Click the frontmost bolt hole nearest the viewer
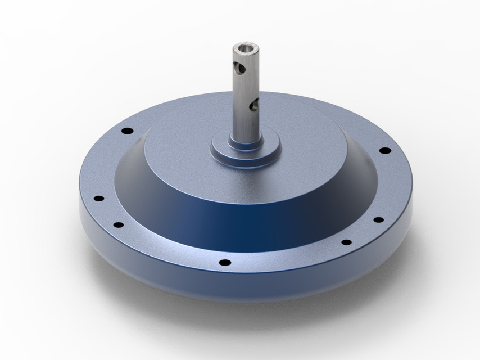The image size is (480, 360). (225, 262)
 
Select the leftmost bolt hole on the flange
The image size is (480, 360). (99, 199)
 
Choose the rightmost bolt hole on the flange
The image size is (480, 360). (385, 150)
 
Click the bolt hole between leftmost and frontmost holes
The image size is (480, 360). (119, 225)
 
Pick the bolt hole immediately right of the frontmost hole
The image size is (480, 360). (346, 242)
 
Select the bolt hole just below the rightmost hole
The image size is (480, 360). (378, 219)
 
